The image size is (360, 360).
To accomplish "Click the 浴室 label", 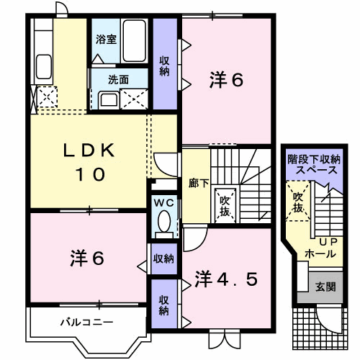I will click(107, 40).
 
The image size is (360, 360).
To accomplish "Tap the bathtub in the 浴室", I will click(135, 42).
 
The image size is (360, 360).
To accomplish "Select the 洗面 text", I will click(119, 80).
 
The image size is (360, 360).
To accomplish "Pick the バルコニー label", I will click(86, 321).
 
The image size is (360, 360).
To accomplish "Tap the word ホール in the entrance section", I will click(319, 254).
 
